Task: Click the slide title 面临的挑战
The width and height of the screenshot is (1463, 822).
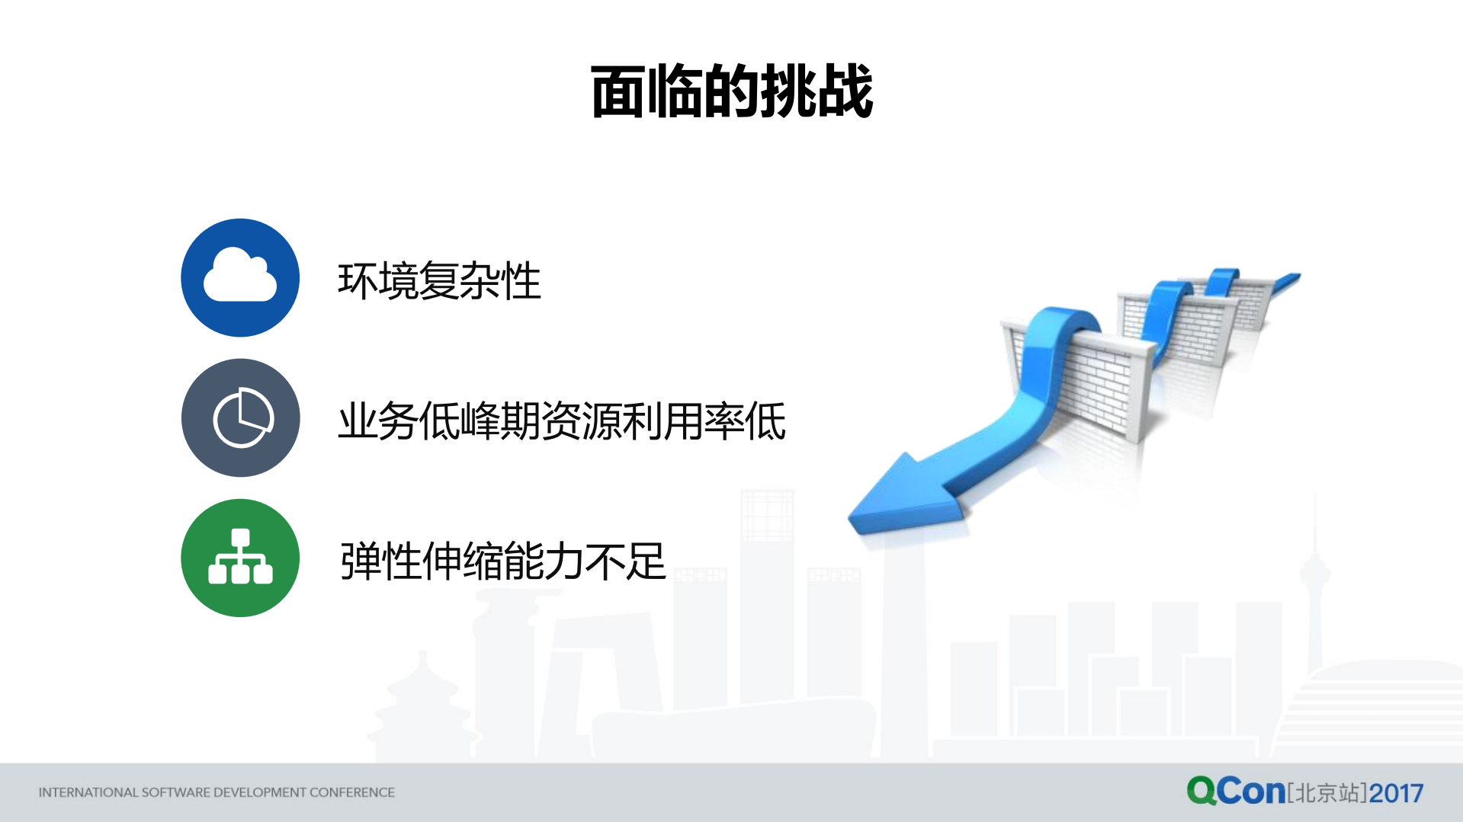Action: [x=732, y=91]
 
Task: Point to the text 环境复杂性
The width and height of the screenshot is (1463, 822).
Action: [x=439, y=280]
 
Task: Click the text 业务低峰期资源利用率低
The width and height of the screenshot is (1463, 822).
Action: [x=562, y=421]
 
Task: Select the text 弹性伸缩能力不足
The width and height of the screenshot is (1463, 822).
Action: [x=503, y=561]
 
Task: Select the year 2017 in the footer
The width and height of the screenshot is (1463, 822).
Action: [x=1396, y=793]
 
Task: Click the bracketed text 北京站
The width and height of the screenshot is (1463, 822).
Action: [x=1327, y=793]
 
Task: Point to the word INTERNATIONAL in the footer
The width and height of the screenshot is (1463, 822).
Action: [x=88, y=792]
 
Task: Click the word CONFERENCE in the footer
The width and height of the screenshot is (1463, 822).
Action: [x=352, y=792]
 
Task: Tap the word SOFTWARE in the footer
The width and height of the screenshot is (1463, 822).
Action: [x=175, y=792]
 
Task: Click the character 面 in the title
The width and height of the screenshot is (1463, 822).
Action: [x=618, y=91]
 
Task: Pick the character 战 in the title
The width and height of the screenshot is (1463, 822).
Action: [x=845, y=91]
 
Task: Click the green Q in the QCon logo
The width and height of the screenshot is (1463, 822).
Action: [x=1201, y=791]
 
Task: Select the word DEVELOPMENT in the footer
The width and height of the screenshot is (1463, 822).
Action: [x=260, y=792]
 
